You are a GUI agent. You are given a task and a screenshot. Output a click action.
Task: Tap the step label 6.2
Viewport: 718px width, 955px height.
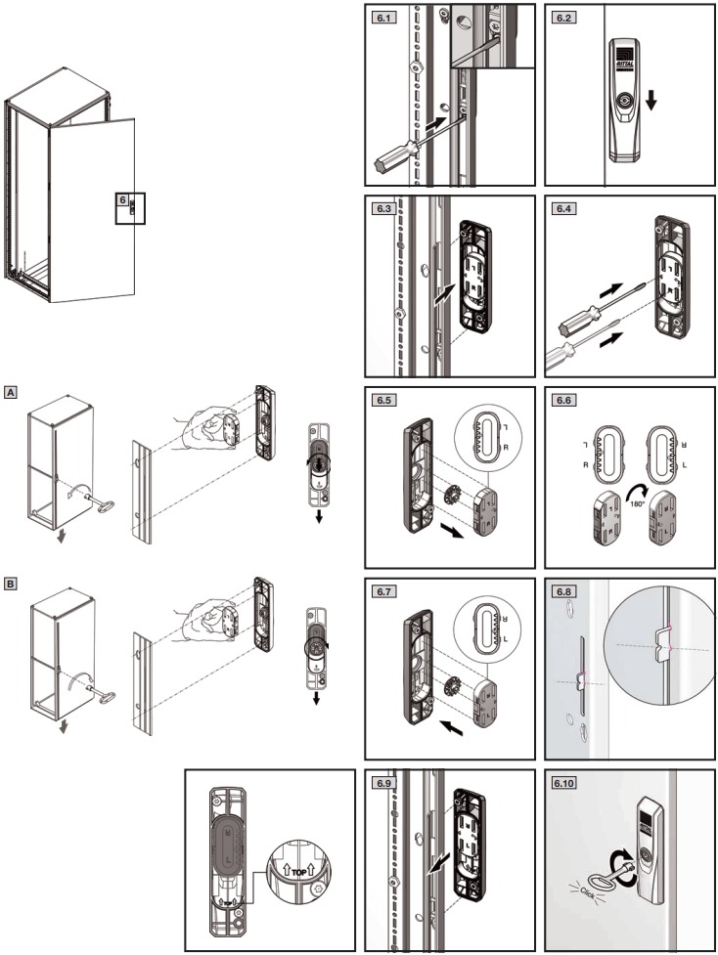point(562,17)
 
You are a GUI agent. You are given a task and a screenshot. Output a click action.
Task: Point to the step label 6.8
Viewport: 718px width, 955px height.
point(562,591)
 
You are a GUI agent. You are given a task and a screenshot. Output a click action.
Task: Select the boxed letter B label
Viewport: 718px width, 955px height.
point(11,584)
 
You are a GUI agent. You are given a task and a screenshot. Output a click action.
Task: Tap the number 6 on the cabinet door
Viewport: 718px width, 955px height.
point(122,199)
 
